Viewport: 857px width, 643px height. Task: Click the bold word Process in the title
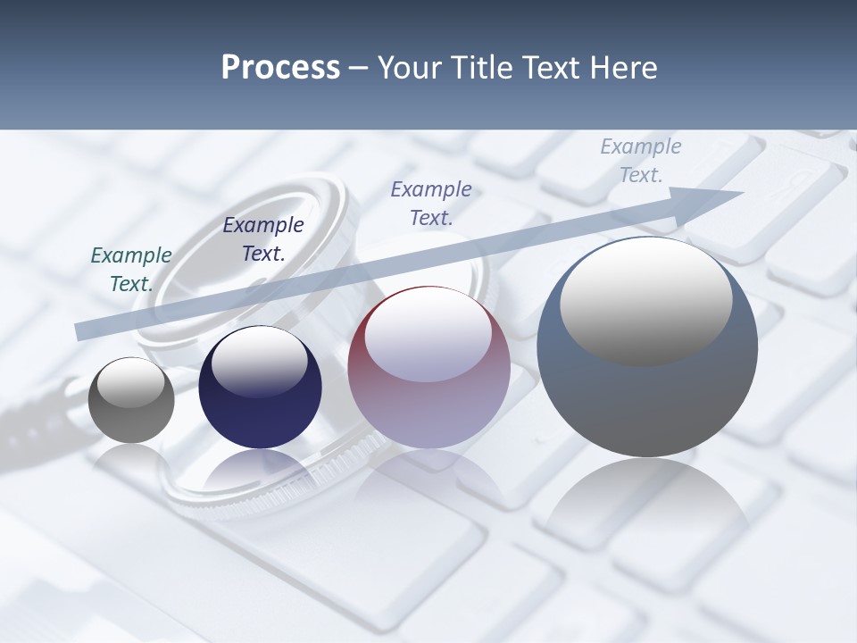point(280,68)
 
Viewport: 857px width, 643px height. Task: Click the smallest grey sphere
point(131,400)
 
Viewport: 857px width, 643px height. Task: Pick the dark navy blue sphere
point(260,388)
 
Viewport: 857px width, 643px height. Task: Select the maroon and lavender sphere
point(428,368)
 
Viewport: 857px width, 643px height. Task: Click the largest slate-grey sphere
point(647,347)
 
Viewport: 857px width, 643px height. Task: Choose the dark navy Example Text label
point(263,239)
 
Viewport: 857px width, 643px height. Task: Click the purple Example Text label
point(431,204)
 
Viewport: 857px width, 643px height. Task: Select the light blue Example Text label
point(640,161)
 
